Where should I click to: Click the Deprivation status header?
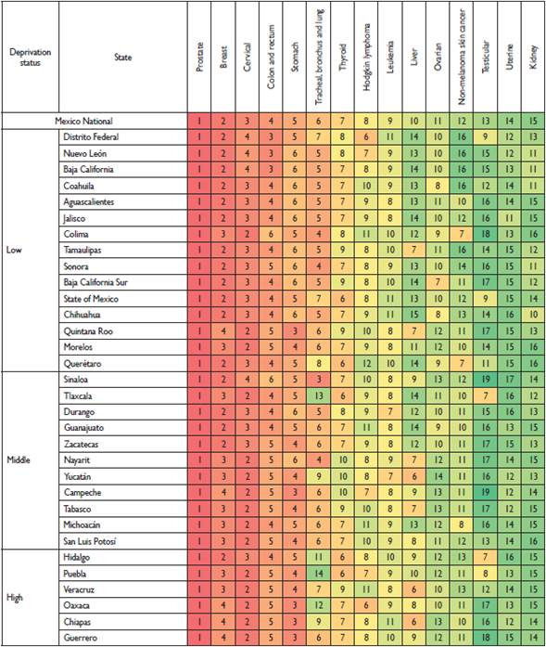(31, 57)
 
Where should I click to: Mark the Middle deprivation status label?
(20, 460)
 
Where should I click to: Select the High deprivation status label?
(17, 597)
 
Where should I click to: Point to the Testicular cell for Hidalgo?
(485, 556)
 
